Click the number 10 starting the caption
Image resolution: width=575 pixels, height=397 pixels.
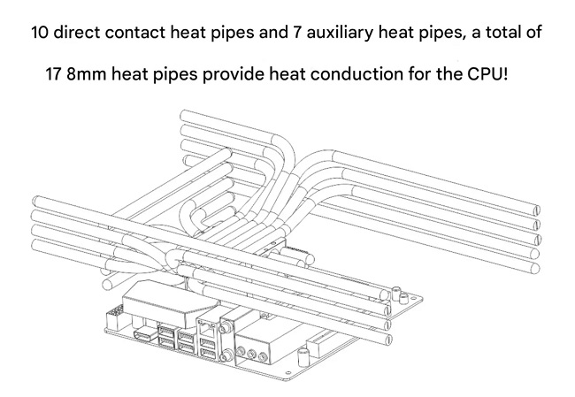(40, 33)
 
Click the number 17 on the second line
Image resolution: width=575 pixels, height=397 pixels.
(54, 74)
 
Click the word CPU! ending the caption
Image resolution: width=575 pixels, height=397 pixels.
(487, 74)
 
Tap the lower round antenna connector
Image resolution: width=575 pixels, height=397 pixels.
(225, 356)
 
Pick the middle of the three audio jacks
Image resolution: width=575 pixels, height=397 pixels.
(251, 354)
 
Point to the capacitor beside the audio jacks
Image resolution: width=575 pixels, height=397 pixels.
(303, 357)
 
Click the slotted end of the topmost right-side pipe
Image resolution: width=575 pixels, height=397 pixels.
(536, 210)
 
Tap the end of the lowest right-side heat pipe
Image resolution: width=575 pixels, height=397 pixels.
(535, 268)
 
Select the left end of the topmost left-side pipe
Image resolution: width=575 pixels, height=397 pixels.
(36, 201)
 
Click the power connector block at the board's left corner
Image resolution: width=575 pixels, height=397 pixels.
(114, 319)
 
